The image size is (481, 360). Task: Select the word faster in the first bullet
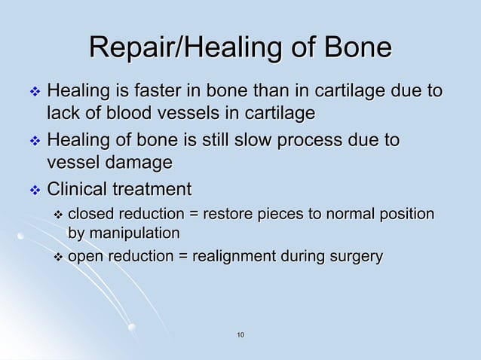pyautogui.click(x=142, y=93)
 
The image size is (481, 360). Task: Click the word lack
pyautogui.click(x=61, y=114)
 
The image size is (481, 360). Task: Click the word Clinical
pyautogui.click(x=75, y=189)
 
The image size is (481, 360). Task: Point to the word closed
pyautogui.click(x=90, y=215)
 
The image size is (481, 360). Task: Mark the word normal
pyautogui.click(x=353, y=215)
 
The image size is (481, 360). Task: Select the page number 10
pyautogui.click(x=240, y=334)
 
